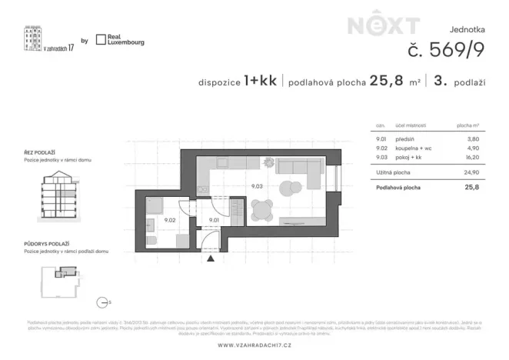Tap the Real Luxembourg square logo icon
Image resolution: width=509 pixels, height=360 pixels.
click(100, 39)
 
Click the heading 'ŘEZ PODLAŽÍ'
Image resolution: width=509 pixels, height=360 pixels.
click(41, 154)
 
